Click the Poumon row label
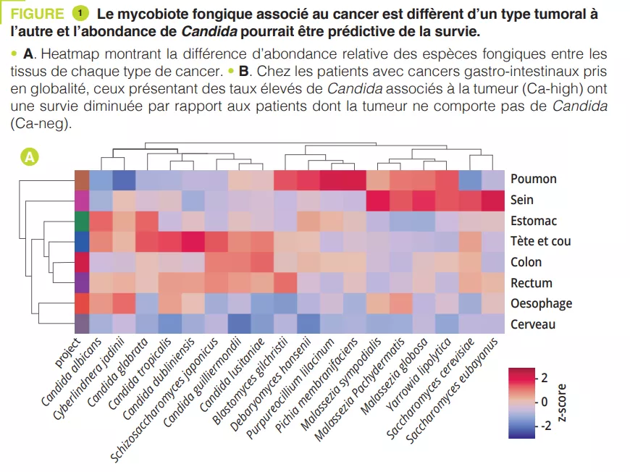533,179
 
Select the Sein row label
522,200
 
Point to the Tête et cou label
540,241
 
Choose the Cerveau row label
533,324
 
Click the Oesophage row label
541,303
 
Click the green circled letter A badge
30,156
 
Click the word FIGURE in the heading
37,14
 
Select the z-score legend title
562,401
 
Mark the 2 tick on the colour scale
544,378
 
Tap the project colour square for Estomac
81,221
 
